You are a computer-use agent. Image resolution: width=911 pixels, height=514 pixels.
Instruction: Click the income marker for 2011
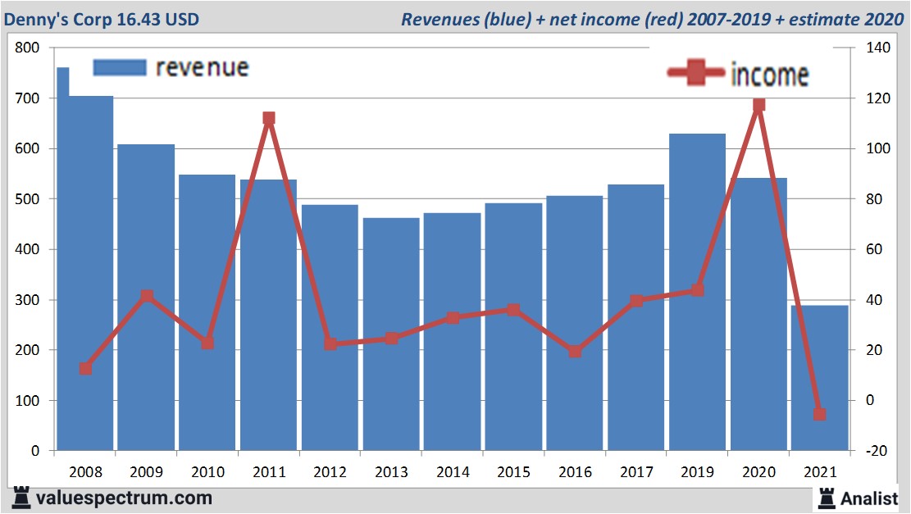tap(269, 118)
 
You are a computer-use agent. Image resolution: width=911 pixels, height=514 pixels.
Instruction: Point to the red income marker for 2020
tap(758, 104)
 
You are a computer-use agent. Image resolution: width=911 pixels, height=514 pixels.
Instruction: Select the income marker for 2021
tap(819, 414)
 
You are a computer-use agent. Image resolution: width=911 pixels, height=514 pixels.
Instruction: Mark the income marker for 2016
tap(575, 352)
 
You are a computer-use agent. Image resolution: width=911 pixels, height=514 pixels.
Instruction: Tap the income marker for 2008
tap(85, 369)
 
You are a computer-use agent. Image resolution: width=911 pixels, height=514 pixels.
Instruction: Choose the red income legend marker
tap(696, 74)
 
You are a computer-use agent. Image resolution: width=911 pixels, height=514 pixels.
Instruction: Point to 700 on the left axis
tap(28, 98)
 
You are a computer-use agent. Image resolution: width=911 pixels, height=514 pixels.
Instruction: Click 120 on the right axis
tap(868, 98)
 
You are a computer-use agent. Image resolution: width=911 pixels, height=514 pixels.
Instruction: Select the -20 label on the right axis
tap(868, 451)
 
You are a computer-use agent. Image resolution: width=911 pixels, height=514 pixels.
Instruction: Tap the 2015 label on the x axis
tap(514, 472)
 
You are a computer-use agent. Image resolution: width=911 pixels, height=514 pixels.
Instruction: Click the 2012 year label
tap(330, 472)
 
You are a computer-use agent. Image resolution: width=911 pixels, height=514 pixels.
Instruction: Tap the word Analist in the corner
tap(869, 498)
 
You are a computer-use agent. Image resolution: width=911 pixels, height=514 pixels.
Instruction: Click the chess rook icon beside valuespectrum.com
tap(20, 498)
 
